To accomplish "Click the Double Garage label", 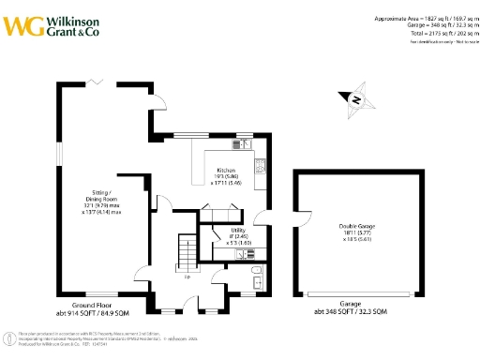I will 354,226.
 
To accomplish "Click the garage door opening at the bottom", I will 360,293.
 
